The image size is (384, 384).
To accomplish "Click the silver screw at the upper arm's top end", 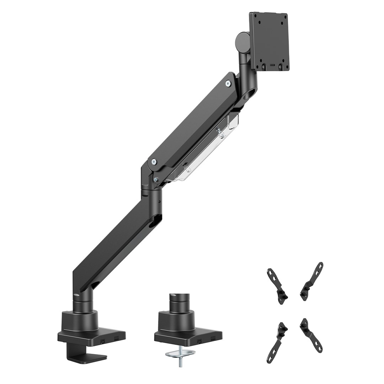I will [x=228, y=83].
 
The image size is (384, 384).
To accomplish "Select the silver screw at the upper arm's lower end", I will [x=154, y=162].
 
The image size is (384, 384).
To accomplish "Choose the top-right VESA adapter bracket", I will [x=312, y=281].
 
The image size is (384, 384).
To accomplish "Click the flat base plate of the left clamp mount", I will [x=91, y=336].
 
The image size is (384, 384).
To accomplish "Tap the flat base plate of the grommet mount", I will [x=188, y=336].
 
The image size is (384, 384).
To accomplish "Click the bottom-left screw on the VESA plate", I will [x=263, y=66].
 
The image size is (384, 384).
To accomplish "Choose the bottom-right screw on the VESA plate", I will [x=280, y=66].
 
